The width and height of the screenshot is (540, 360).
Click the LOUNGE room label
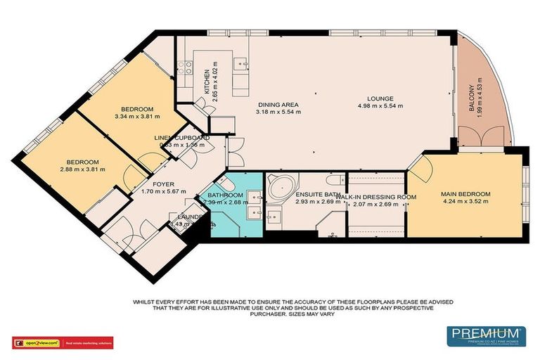click(379, 98)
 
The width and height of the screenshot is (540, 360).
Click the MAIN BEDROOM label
click(465, 194)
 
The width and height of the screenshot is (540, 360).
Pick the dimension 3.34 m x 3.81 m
click(137, 117)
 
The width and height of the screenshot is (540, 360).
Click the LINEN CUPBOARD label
click(182, 138)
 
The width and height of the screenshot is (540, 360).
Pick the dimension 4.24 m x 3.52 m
click(465, 202)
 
